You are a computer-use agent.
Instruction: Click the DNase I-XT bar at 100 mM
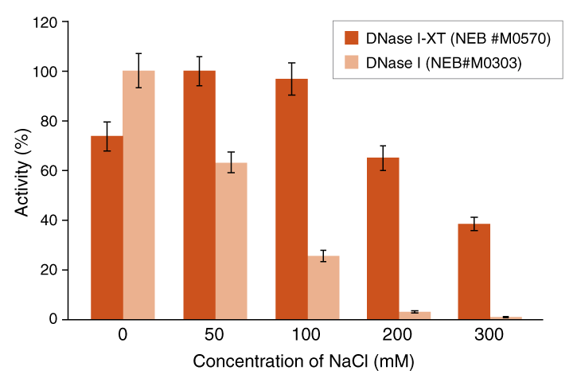click(x=291, y=199)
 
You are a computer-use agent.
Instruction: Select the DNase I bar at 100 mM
click(x=323, y=287)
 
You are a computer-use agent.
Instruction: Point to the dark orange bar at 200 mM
click(x=383, y=238)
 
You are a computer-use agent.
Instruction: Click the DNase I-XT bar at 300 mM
click(x=474, y=271)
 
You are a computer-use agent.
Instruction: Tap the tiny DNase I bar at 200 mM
click(x=415, y=315)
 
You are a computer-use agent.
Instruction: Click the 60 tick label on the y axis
click(x=71, y=171)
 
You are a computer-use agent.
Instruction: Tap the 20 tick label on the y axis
click(x=71, y=270)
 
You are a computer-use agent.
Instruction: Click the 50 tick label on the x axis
click(x=215, y=336)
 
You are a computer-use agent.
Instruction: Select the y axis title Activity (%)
click(x=24, y=170)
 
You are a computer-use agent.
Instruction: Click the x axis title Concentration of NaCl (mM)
click(x=303, y=361)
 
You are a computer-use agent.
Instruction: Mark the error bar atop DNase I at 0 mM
click(x=138, y=70)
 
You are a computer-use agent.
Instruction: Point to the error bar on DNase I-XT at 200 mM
click(x=383, y=158)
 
